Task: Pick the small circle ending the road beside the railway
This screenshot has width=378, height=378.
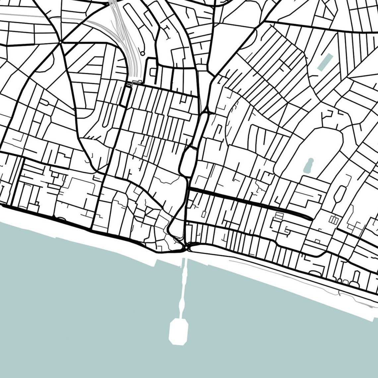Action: tap(143, 53)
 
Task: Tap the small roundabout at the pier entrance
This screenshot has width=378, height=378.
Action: tap(186, 247)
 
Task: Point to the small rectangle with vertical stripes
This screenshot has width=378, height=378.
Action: tap(334, 219)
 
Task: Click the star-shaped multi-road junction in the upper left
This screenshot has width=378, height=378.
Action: tap(60, 42)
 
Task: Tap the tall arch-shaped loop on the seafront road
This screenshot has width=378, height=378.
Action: tap(356, 277)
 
